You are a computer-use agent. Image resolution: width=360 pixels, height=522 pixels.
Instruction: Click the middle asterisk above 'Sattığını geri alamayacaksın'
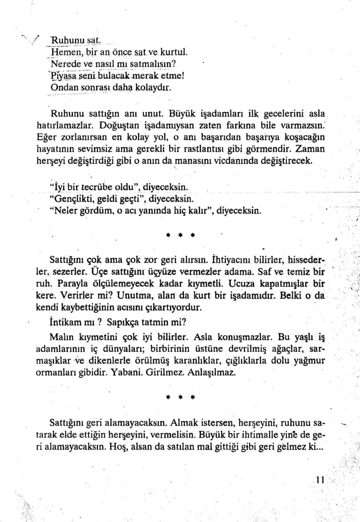[180, 398]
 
